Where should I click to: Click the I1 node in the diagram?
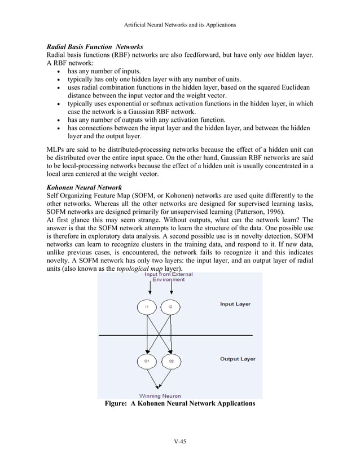point(146,306)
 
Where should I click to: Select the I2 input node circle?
point(170,306)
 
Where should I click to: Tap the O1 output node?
point(146,360)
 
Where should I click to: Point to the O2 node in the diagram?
point(170,360)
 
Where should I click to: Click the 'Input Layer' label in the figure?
point(235,304)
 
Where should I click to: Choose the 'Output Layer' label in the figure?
point(237,359)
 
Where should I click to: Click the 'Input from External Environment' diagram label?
point(168,277)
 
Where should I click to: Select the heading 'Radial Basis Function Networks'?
point(94,46)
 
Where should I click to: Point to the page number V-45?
point(180,441)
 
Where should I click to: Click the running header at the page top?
point(180,25)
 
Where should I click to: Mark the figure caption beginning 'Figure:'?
point(180,404)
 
